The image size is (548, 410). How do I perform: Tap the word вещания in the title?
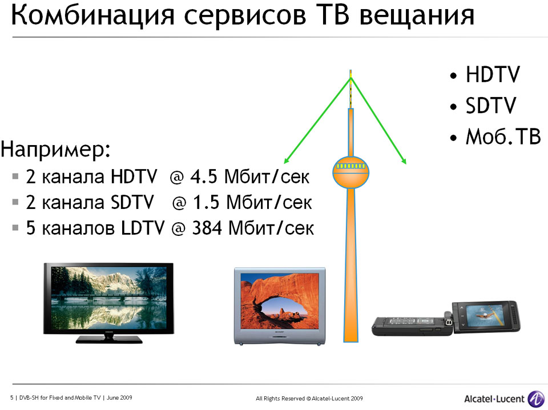(x=417, y=16)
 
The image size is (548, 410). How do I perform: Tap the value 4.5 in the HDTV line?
(x=204, y=176)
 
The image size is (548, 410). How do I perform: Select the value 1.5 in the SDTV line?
(x=207, y=202)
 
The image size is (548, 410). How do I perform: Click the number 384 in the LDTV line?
(x=207, y=228)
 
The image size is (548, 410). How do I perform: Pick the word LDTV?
(x=142, y=228)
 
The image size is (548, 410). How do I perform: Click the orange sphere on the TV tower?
(x=350, y=172)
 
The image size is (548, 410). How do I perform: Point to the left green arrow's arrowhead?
(x=286, y=161)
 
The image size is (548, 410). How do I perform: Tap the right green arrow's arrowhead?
(x=404, y=161)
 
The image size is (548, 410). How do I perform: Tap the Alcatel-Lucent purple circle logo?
(x=536, y=399)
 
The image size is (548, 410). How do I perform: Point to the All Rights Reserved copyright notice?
(x=309, y=399)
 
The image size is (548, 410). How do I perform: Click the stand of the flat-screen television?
(x=109, y=339)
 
